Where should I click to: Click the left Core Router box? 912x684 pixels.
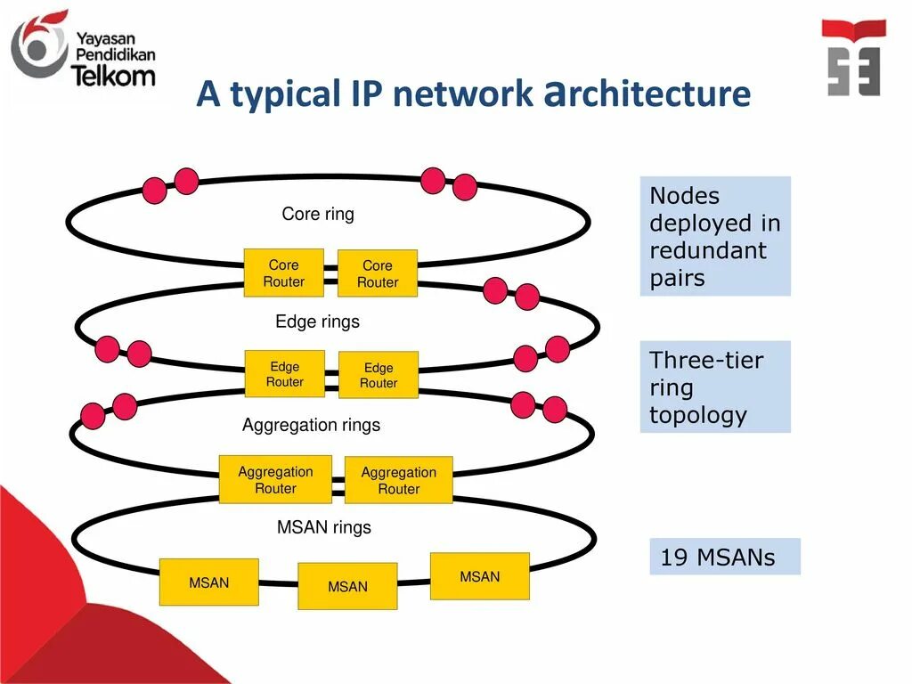coord(284,273)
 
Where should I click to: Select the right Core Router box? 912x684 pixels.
coord(378,273)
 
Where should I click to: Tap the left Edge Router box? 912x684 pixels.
coord(285,374)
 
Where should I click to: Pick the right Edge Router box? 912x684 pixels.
coord(379,375)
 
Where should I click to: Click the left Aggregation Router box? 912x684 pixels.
coord(275,479)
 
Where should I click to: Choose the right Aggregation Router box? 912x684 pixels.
coord(398,480)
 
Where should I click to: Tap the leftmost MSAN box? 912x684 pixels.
coord(209,582)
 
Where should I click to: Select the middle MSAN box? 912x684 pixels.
coord(347,586)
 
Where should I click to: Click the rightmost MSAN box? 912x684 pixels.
coord(480,576)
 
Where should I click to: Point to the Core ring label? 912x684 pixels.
coord(318,214)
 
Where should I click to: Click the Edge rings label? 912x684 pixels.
coord(318,322)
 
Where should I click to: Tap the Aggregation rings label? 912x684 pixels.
coord(311,425)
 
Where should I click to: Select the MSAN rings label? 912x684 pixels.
coord(324,527)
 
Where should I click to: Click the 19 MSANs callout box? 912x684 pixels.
coord(724,558)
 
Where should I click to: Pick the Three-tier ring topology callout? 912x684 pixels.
coord(715,387)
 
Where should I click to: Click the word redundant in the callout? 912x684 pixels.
coord(708,250)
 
